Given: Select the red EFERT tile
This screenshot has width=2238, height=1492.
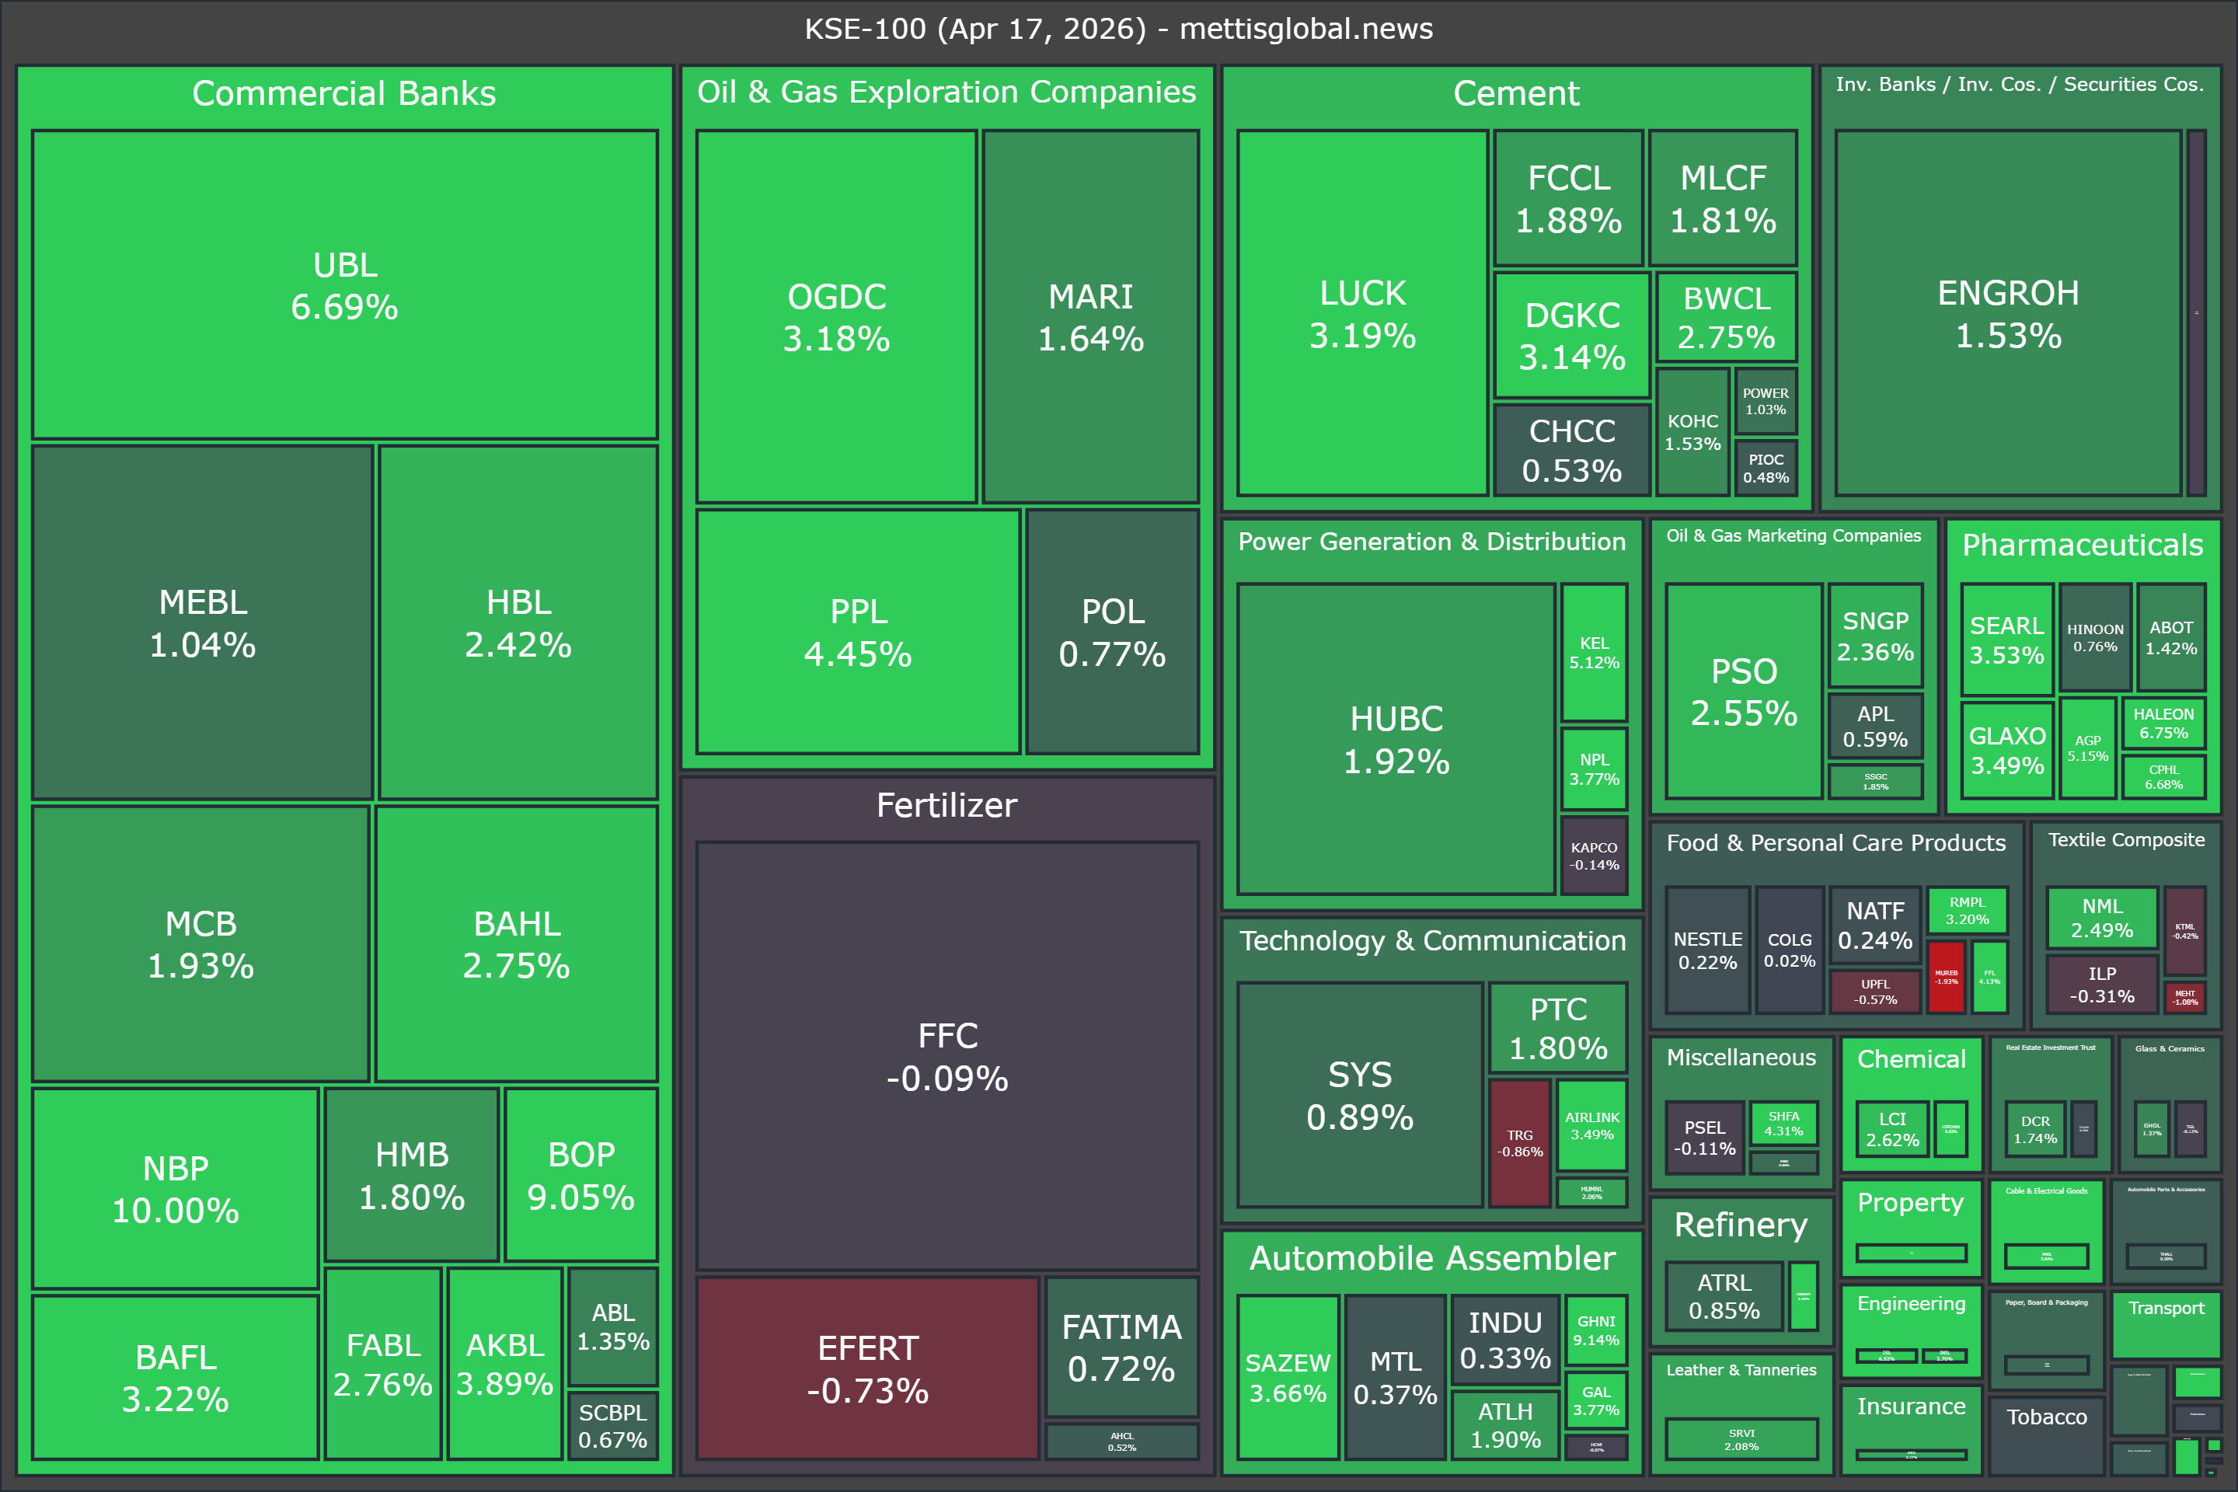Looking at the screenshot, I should (867, 1368).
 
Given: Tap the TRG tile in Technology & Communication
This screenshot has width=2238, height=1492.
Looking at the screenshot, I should (1520, 1143).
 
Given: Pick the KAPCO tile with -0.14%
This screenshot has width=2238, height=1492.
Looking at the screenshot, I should (1594, 856).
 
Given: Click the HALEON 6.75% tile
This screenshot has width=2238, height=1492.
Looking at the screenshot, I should (2163, 723).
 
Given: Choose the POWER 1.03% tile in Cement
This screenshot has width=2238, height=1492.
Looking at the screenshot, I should (1765, 401).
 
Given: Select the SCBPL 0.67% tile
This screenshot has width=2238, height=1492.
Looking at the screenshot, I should (613, 1425).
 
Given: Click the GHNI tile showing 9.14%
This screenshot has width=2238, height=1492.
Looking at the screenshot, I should (1595, 1330).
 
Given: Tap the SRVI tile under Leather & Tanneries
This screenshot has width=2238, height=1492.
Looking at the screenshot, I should (1741, 1438).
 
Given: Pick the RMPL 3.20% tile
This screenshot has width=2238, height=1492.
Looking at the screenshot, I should (1967, 911).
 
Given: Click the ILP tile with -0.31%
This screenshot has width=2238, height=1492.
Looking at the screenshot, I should (2102, 985).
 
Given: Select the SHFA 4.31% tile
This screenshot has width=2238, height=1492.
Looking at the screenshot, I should (1783, 1123).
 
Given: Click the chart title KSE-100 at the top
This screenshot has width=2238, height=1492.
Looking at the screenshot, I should (1118, 29).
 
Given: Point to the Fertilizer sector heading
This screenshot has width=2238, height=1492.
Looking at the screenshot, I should (946, 806).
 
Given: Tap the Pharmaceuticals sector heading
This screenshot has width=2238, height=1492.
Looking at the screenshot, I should (2082, 546).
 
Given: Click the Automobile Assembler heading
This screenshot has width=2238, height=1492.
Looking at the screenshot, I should (1432, 1258).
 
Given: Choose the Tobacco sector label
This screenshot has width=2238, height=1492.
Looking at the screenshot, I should (2046, 1417).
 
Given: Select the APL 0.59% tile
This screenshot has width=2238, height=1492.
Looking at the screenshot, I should (1874, 726).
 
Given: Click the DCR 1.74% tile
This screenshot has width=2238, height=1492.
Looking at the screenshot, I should (2035, 1129).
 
